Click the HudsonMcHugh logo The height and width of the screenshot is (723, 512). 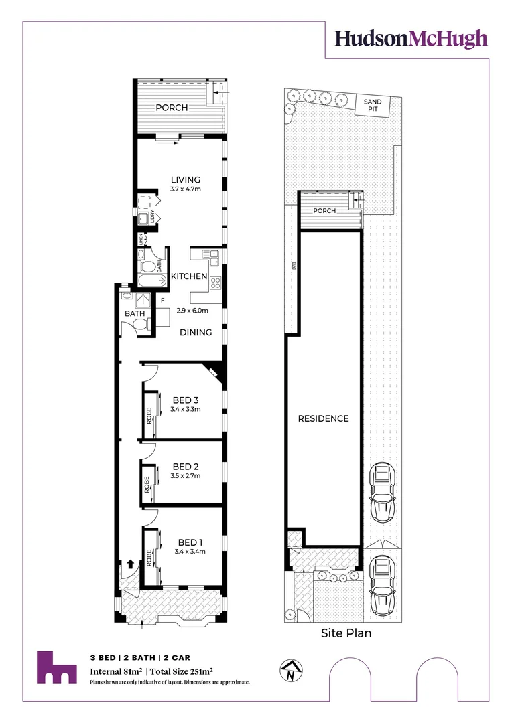click(x=411, y=39)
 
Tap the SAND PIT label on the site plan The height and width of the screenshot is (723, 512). click(x=373, y=105)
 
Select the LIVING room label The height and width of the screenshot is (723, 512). click(x=186, y=179)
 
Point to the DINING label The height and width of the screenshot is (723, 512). click(x=195, y=332)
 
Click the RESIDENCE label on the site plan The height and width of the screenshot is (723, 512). click(x=324, y=418)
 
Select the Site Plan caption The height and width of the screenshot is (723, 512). click(x=346, y=632)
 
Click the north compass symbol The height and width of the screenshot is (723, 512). click(x=290, y=671)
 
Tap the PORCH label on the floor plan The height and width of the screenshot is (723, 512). click(x=172, y=108)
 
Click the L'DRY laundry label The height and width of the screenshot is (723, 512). click(x=153, y=216)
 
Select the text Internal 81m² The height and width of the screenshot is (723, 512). click(x=115, y=671)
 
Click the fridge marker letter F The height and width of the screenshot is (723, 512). click(x=162, y=301)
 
